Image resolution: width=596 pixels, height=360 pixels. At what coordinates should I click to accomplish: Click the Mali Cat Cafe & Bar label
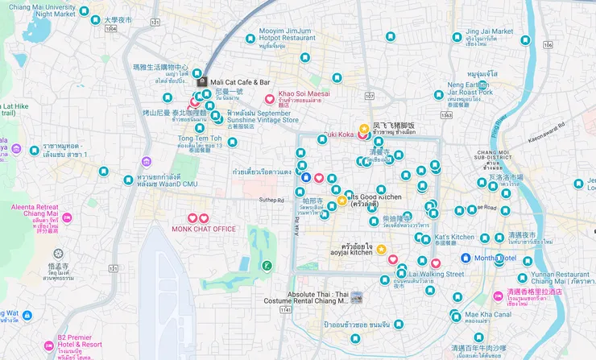click(x=239, y=82)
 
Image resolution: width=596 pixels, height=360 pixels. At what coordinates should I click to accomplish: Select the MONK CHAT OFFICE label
click(x=204, y=229)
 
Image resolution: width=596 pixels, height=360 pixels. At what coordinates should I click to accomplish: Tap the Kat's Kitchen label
click(x=454, y=237)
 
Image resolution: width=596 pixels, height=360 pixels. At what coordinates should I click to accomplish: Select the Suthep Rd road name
click(x=271, y=200)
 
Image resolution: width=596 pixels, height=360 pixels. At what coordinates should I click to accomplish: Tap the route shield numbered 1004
click(x=110, y=29)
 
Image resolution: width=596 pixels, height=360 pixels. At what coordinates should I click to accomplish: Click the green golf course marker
click(x=267, y=266)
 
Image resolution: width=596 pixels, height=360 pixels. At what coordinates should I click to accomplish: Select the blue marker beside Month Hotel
click(x=466, y=258)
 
